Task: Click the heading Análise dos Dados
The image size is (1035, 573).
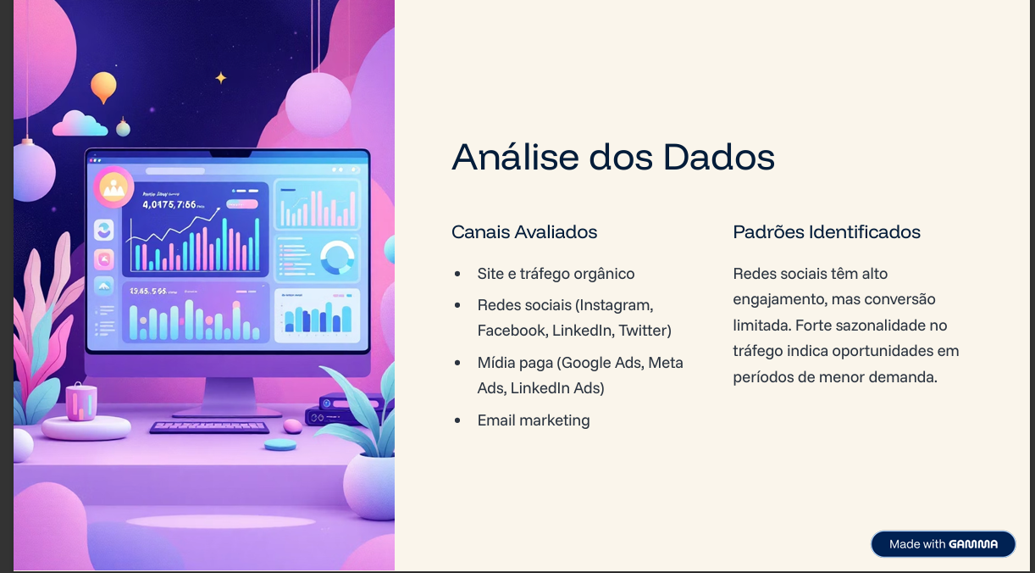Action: pos(612,158)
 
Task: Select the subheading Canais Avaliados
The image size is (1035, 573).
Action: pos(524,232)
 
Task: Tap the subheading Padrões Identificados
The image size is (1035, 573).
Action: pos(826,232)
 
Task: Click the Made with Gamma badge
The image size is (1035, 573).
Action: pos(943,544)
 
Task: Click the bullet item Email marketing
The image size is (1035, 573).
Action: pos(534,420)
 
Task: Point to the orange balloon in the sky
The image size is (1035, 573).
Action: pos(103,86)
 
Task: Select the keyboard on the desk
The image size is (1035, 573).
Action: pos(209,427)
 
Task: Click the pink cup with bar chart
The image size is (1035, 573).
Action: pos(81,402)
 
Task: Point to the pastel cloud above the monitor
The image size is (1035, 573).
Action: pos(80,125)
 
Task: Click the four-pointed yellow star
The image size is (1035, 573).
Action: pos(221,78)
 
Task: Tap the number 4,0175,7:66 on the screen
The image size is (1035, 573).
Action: pos(169,204)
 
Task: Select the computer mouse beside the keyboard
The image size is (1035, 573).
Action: pos(292,426)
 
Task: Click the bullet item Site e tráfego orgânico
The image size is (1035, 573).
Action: pos(556,274)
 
